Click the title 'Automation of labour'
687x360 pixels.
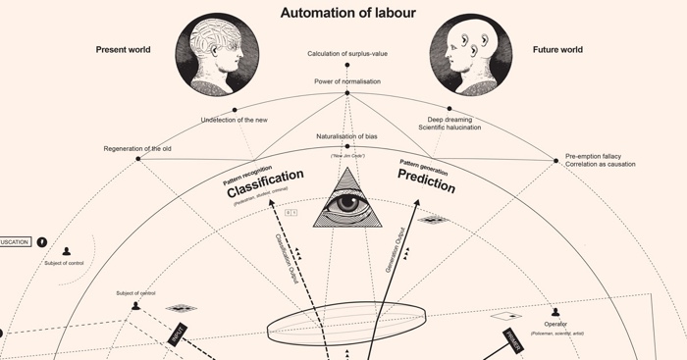[347, 13]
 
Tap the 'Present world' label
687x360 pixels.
[123, 49]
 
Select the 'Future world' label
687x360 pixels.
[557, 49]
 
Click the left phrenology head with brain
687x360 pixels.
[217, 54]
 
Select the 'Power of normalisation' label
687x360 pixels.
[347, 81]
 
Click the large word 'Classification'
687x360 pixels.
[265, 184]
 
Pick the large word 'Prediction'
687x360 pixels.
[426, 180]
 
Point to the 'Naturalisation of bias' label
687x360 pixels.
[346, 135]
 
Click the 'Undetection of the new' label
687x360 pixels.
[234, 120]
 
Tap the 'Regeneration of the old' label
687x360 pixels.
[137, 148]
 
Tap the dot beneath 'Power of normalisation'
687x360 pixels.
[346, 93]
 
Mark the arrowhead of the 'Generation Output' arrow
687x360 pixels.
[416, 204]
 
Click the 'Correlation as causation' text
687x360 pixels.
[600, 164]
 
